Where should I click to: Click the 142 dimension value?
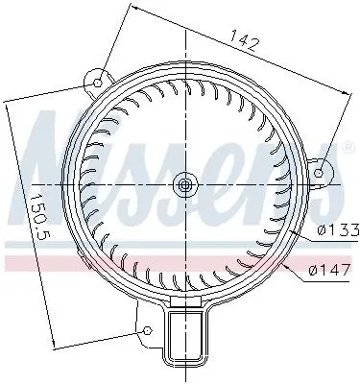point(244,40)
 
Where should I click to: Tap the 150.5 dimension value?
point(41,218)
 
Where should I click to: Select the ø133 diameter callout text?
point(338,230)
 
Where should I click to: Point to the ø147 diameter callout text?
point(328,271)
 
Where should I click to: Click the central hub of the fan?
point(185,185)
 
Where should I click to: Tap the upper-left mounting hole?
point(98,84)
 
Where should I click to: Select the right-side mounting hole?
point(319,173)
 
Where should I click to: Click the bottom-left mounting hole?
point(147,330)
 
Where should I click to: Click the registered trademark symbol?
point(348,148)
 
